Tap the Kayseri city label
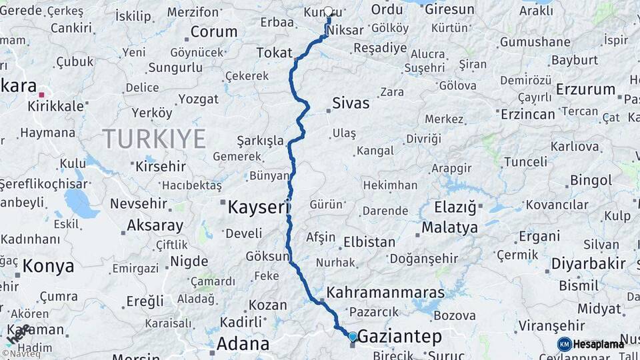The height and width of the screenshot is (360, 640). point(259,207)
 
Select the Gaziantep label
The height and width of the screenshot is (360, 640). point(399,336)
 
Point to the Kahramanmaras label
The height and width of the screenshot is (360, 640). point(385,293)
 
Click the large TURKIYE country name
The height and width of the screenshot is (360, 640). point(154,139)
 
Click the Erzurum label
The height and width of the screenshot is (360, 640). point(585,89)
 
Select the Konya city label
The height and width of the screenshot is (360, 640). point(48,267)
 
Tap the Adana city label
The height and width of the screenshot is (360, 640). point(243,345)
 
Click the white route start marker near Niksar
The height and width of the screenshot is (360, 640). point(328,11)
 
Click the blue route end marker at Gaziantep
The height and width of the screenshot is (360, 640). point(353,337)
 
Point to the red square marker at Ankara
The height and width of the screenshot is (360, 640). point(41,95)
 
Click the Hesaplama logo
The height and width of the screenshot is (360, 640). point(591,344)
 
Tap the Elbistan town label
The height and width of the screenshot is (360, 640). point(369,242)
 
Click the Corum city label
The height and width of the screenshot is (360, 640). point(213,31)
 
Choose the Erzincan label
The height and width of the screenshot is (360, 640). point(527,114)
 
